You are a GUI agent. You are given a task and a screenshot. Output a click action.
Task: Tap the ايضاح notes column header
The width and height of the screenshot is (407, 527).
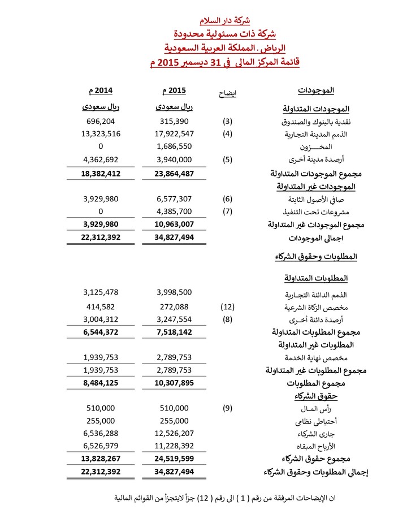(227, 93)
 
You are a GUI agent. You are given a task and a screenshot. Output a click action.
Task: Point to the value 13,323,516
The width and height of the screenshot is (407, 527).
(101, 134)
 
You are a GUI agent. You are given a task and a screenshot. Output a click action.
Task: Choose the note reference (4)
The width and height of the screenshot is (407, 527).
(227, 134)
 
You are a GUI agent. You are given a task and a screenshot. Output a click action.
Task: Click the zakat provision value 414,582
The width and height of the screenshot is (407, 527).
(101, 306)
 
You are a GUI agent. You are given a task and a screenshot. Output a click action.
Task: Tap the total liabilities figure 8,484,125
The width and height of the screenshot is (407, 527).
(101, 383)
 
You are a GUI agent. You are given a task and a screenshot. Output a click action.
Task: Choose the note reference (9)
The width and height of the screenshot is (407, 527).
(227, 408)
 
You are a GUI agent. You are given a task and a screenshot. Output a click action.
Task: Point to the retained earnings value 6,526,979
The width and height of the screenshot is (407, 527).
(101, 446)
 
